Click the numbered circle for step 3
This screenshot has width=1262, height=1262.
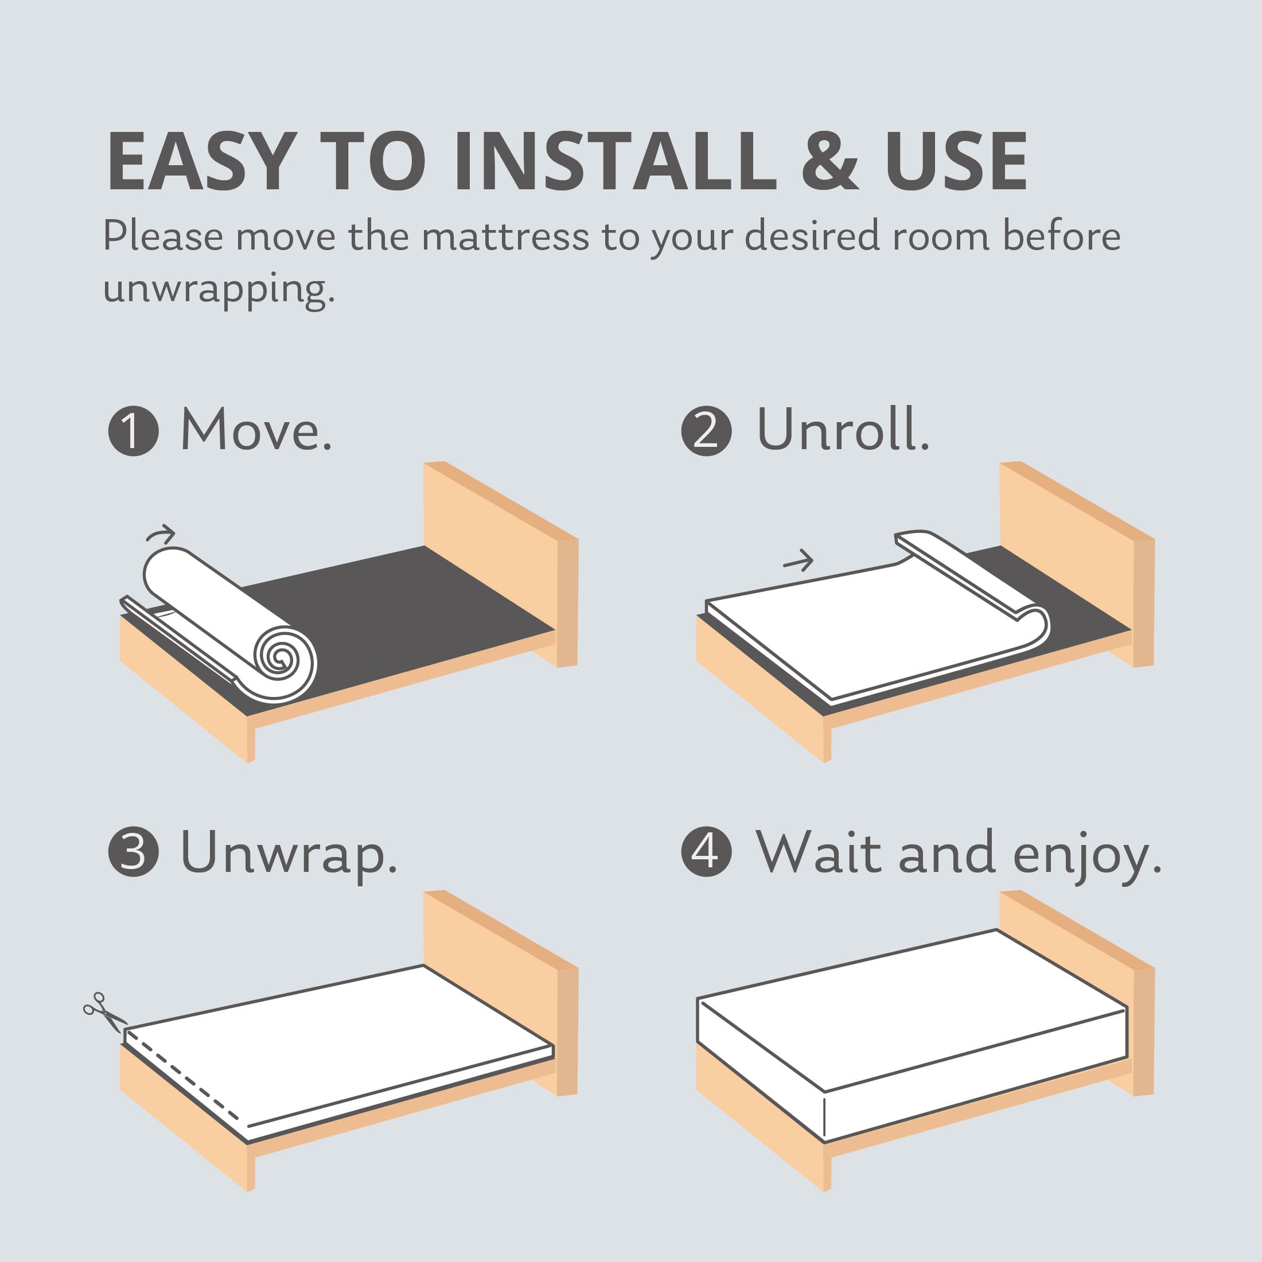click(x=133, y=852)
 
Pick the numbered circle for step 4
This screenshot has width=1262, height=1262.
click(x=707, y=852)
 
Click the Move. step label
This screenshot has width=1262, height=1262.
click(x=256, y=430)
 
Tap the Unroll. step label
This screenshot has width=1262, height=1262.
click(x=843, y=430)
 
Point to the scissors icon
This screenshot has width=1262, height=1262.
click(x=103, y=1012)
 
